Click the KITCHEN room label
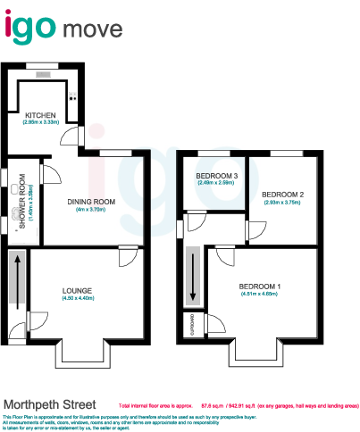(x=41, y=115)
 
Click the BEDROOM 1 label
(x=259, y=286)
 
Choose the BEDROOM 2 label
(x=283, y=194)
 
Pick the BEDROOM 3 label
(x=215, y=176)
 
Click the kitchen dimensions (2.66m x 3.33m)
(x=41, y=122)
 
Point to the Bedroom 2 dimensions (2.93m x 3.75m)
(x=283, y=202)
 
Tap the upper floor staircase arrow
(x=191, y=275)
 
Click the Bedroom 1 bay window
(x=259, y=353)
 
